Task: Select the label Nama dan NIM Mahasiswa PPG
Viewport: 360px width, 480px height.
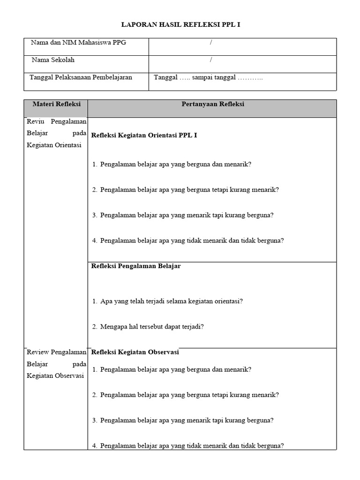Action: [78, 43]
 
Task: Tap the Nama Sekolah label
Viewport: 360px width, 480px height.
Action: [53, 60]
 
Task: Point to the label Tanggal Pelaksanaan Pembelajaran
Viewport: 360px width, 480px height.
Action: [81, 77]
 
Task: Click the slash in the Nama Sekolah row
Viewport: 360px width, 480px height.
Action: [211, 60]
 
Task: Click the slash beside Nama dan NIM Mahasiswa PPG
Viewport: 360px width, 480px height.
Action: [211, 43]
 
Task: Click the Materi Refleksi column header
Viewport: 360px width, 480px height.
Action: [56, 104]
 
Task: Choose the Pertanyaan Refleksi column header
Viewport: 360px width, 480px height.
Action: [212, 104]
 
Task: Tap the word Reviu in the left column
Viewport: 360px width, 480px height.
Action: [35, 121]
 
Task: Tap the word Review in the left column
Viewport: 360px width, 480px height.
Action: [37, 352]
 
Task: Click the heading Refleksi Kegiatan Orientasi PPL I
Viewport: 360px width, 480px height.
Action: [144, 135]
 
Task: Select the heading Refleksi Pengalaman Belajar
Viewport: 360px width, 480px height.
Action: [136, 266]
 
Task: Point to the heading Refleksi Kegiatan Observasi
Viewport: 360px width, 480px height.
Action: [135, 352]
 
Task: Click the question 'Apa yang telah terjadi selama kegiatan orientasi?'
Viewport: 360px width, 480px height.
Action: [171, 301]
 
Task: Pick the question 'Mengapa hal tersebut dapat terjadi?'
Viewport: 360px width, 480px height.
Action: [152, 326]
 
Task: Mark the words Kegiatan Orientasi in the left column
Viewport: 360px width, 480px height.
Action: [54, 145]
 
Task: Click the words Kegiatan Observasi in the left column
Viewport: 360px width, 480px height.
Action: [55, 375]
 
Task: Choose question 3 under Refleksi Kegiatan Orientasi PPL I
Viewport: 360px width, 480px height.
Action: [187, 215]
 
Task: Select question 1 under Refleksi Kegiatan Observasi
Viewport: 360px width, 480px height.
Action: [176, 369]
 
